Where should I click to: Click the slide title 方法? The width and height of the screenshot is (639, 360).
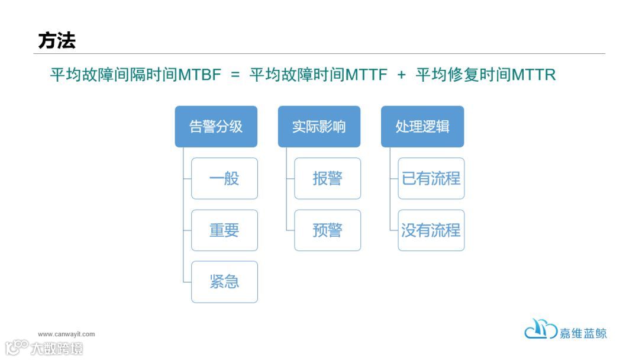pyautogui.click(x=57, y=41)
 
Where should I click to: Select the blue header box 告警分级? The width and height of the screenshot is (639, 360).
pyautogui.click(x=216, y=126)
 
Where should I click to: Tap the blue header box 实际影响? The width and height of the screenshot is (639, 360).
pyautogui.click(x=319, y=126)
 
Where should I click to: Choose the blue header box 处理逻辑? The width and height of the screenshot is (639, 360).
pyautogui.click(x=422, y=126)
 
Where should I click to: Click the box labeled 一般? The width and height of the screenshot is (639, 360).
pyautogui.click(x=224, y=178)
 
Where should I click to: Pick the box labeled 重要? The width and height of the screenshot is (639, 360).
pyautogui.click(x=224, y=230)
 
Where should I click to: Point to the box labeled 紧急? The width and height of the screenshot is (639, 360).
pyautogui.click(x=224, y=282)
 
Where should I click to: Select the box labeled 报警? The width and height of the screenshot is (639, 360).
pyautogui.click(x=327, y=178)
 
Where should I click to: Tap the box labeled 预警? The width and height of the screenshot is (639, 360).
pyautogui.click(x=327, y=230)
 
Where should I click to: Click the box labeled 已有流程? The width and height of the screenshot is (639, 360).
pyautogui.click(x=431, y=178)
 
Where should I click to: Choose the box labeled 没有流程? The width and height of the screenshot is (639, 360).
pyautogui.click(x=431, y=230)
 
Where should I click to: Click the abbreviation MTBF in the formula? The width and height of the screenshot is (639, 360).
pyautogui.click(x=199, y=75)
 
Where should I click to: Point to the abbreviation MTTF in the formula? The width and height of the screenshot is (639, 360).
pyautogui.click(x=366, y=75)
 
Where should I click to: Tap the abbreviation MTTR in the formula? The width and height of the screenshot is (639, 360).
pyautogui.click(x=534, y=75)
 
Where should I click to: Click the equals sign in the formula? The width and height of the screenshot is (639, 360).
pyautogui.click(x=235, y=76)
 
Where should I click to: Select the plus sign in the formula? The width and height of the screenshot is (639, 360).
pyautogui.click(x=402, y=76)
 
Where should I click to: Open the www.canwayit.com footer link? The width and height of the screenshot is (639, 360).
pyautogui.click(x=66, y=334)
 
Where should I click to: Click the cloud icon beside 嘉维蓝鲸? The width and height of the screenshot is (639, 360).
pyautogui.click(x=540, y=330)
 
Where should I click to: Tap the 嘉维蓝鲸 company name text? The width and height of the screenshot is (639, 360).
pyautogui.click(x=583, y=333)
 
